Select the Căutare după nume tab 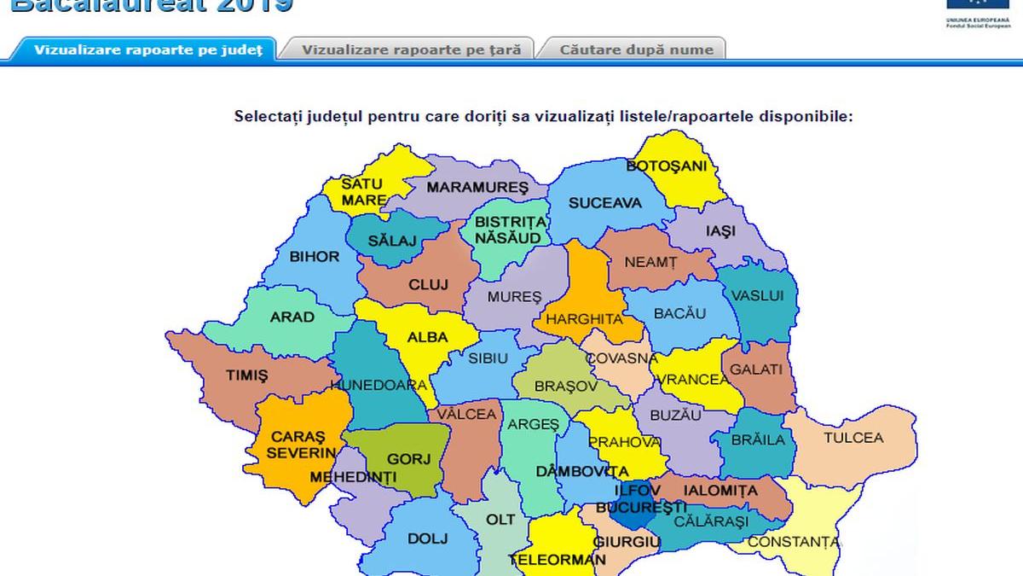click(636, 49)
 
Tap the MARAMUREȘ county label click(477, 187)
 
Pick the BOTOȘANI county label click(667, 166)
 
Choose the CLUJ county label click(428, 285)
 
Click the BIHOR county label click(315, 256)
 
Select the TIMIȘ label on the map click(247, 375)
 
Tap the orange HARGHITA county click(584, 319)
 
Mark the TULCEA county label click(853, 438)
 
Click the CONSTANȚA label click(793, 542)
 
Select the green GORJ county click(409, 458)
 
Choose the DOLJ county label click(428, 538)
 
